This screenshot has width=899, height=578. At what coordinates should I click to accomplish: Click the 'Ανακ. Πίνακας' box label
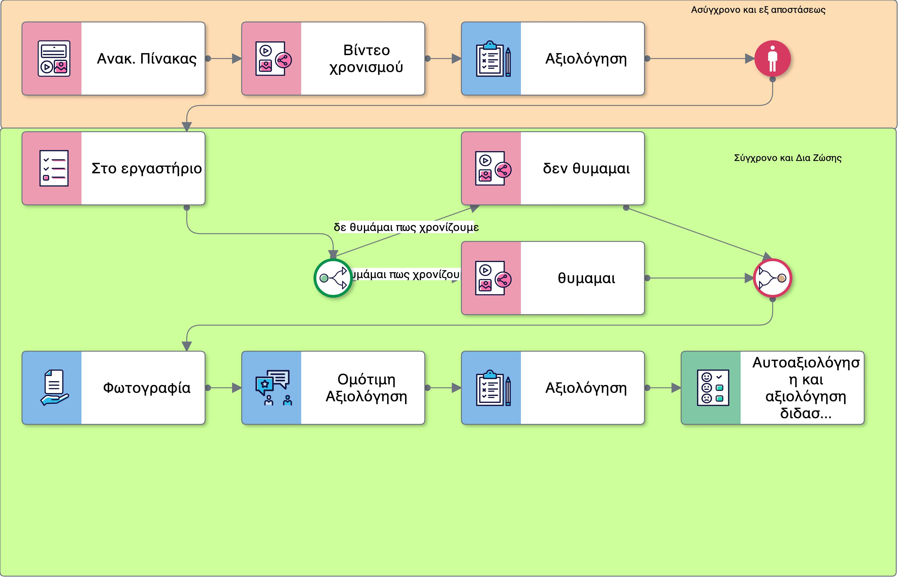tap(146, 59)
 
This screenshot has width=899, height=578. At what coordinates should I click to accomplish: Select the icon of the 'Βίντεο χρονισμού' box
tap(273, 59)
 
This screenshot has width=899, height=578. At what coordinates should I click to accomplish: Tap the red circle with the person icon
tap(772, 59)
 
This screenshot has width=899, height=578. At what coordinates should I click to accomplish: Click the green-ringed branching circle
tap(333, 278)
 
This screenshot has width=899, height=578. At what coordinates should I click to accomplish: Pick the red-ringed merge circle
tap(772, 278)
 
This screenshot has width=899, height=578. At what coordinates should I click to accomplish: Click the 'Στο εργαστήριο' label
tap(146, 169)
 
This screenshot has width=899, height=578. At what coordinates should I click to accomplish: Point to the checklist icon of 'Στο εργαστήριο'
tap(54, 169)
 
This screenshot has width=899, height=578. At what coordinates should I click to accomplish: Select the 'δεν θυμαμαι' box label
tap(586, 169)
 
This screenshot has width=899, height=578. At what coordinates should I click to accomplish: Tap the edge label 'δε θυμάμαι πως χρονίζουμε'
tap(406, 227)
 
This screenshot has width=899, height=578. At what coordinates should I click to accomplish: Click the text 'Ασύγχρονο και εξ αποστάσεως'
tap(758, 10)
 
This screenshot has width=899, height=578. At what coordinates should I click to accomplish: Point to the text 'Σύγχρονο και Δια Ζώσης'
tap(787, 158)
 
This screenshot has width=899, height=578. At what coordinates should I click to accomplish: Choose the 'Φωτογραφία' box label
tap(146, 388)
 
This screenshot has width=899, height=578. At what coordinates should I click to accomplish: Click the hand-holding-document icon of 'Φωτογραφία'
tap(54, 388)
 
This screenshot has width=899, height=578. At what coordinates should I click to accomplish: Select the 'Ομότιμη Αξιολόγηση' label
tap(366, 388)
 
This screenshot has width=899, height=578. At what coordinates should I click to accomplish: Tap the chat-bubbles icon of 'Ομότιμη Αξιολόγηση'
tap(273, 388)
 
